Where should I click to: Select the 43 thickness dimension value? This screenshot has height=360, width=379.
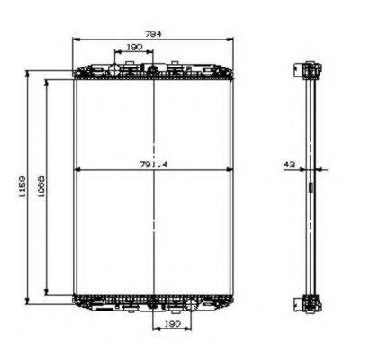290,164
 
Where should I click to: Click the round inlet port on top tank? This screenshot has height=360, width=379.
154,70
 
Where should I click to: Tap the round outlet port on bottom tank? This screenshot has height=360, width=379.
154,303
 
